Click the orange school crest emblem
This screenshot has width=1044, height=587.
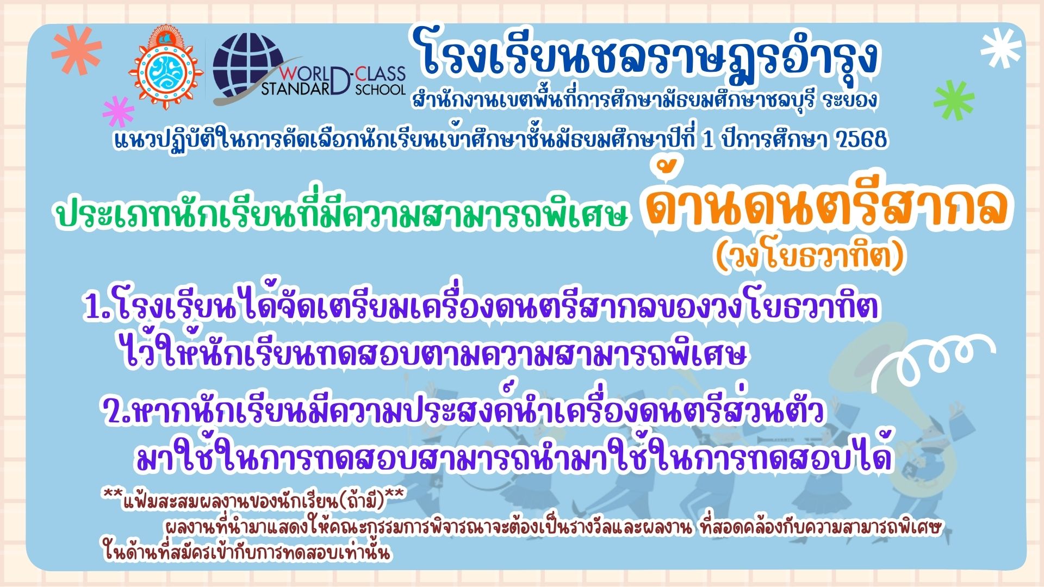(x=166, y=69)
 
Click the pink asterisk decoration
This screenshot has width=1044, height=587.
(x=119, y=111)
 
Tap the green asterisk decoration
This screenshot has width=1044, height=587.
(x=954, y=101)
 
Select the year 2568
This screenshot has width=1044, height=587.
(x=859, y=140)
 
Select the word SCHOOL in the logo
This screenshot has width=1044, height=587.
(x=381, y=89)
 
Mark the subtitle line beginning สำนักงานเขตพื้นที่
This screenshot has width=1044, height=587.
(x=644, y=101)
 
